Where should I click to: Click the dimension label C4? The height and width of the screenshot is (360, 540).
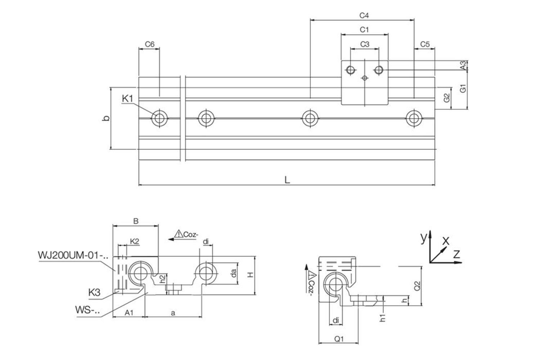pyautogui.click(x=364, y=15)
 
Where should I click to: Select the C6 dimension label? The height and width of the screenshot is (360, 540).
pyautogui.click(x=150, y=44)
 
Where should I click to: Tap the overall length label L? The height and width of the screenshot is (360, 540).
pyautogui.click(x=287, y=180)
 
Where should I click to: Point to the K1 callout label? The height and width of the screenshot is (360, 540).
pyautogui.click(x=128, y=98)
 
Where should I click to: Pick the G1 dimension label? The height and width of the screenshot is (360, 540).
pyautogui.click(x=463, y=88)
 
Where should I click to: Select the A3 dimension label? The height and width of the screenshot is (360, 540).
pyautogui.click(x=463, y=65)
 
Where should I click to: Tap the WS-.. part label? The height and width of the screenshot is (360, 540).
pyautogui.click(x=87, y=310)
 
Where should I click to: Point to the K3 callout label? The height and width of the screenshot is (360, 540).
pyautogui.click(x=94, y=292)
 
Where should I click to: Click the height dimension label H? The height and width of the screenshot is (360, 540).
pyautogui.click(x=251, y=275)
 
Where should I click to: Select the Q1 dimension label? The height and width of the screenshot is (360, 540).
pyautogui.click(x=339, y=339)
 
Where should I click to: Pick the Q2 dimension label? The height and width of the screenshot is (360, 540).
pyautogui.click(x=417, y=286)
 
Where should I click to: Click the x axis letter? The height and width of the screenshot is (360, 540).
pyautogui.click(x=446, y=240)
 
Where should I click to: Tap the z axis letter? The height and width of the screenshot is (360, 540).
pyautogui.click(x=456, y=255)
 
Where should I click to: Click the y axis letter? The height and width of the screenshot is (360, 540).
pyautogui.click(x=424, y=238)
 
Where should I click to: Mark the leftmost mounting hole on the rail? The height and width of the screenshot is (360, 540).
pyautogui.click(x=159, y=118)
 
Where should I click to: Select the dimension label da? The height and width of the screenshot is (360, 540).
pyautogui.click(x=234, y=273)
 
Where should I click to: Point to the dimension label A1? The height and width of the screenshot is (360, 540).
pyautogui.click(x=129, y=313)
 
